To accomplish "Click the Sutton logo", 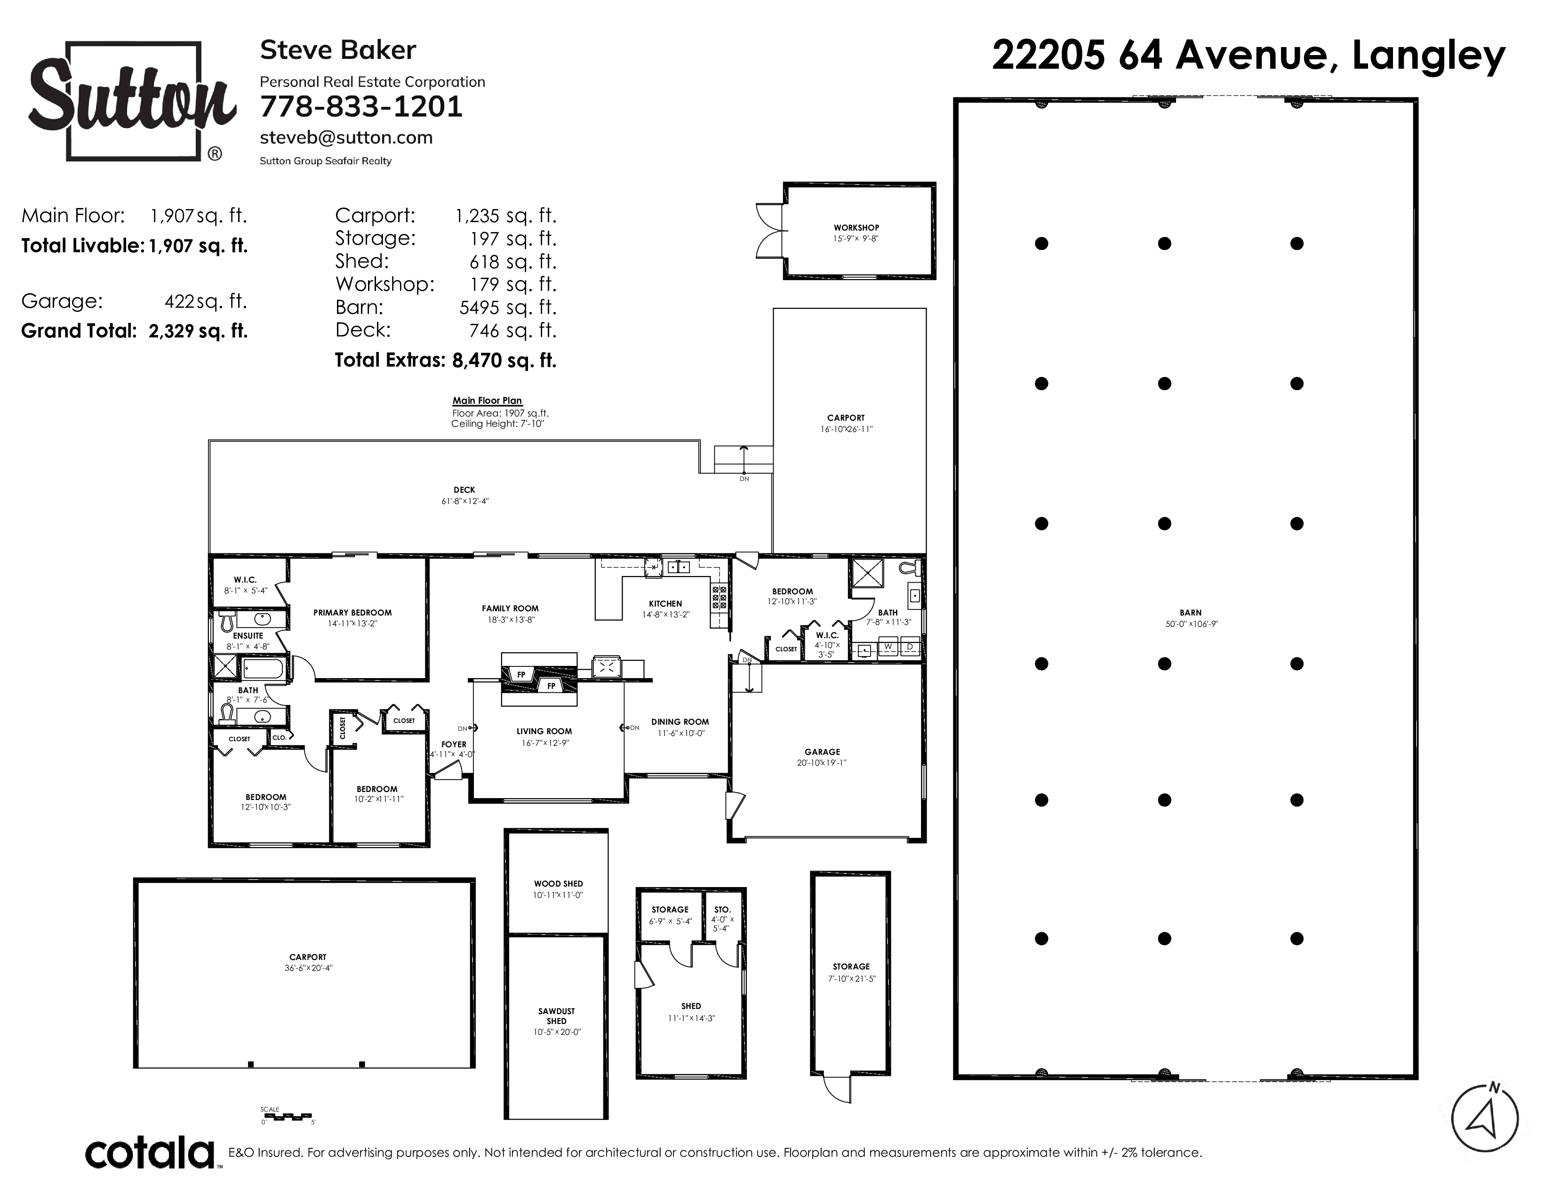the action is pyautogui.click(x=132, y=102).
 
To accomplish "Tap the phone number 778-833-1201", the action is pyautogui.click(x=361, y=107).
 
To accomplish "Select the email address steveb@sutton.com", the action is pyautogui.click(x=346, y=137).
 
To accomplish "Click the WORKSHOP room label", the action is pyautogui.click(x=856, y=227).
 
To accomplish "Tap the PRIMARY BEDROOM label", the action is pyautogui.click(x=352, y=613).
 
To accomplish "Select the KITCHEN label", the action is pyautogui.click(x=665, y=604).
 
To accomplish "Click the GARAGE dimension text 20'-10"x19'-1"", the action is pyautogui.click(x=822, y=763).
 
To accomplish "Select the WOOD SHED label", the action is pyautogui.click(x=558, y=884).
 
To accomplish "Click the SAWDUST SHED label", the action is pyautogui.click(x=557, y=1016).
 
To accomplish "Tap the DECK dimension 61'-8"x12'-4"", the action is pyautogui.click(x=465, y=501).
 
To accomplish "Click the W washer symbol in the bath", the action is pyautogui.click(x=888, y=647).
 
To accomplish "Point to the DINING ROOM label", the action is pyautogui.click(x=680, y=721).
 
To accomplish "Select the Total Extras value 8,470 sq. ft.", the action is pyautogui.click(x=504, y=360).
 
